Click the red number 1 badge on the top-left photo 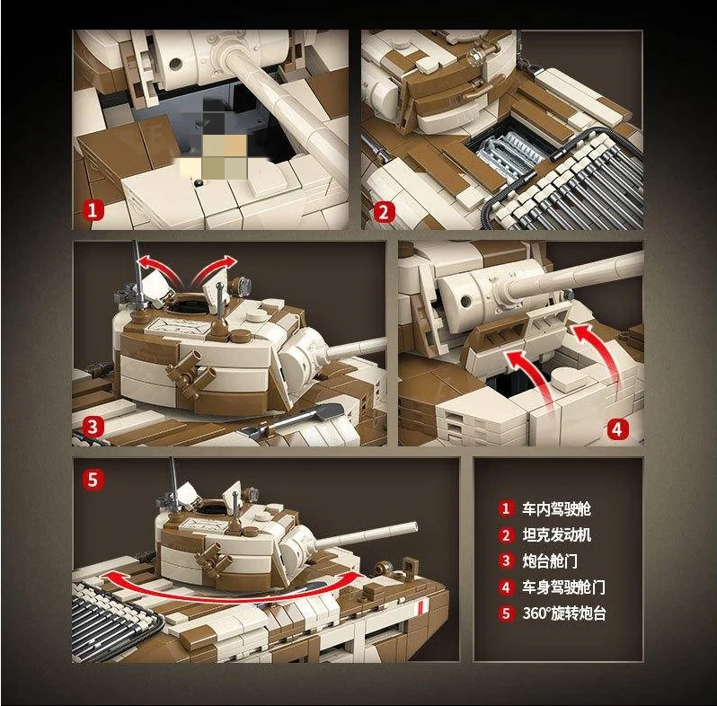(93, 210)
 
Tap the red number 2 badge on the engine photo (384, 212)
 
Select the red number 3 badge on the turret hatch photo (93, 427)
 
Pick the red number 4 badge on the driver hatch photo (617, 429)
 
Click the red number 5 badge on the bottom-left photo (93, 480)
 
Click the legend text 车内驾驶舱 (556, 509)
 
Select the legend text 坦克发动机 (556, 535)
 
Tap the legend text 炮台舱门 (550, 561)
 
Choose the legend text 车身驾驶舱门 (563, 587)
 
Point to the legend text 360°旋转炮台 (564, 613)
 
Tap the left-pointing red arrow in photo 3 (160, 269)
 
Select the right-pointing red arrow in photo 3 (214, 270)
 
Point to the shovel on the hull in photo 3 (293, 419)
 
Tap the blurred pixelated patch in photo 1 (214, 146)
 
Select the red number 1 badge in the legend (505, 508)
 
